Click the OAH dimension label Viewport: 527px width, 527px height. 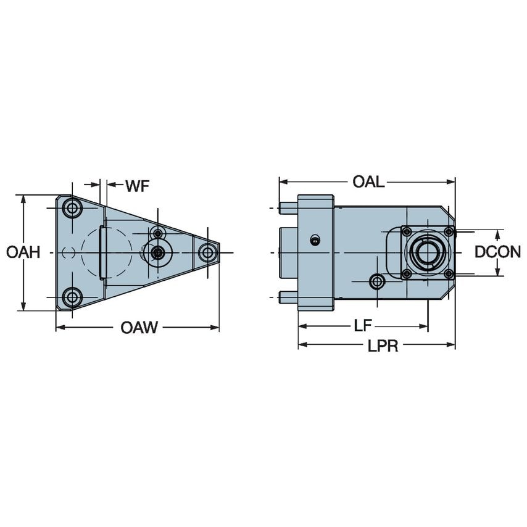tap(23, 252)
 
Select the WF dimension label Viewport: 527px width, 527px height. tap(137, 186)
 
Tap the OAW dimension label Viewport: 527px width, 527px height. tap(139, 328)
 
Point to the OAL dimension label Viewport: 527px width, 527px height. tap(368, 182)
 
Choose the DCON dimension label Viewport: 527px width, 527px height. tap(497, 252)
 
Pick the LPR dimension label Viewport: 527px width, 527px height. tap(383, 346)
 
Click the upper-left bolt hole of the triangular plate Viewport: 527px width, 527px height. tap(73, 208)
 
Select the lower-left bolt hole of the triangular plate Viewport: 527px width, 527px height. tap(73, 297)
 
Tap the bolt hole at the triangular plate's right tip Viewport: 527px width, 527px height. tap(208, 252)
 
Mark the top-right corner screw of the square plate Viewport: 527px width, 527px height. tap(448, 231)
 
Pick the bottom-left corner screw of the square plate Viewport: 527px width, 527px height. tap(406, 273)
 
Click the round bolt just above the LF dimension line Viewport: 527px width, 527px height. tap(376, 282)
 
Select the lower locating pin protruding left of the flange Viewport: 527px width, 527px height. tap(288, 297)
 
